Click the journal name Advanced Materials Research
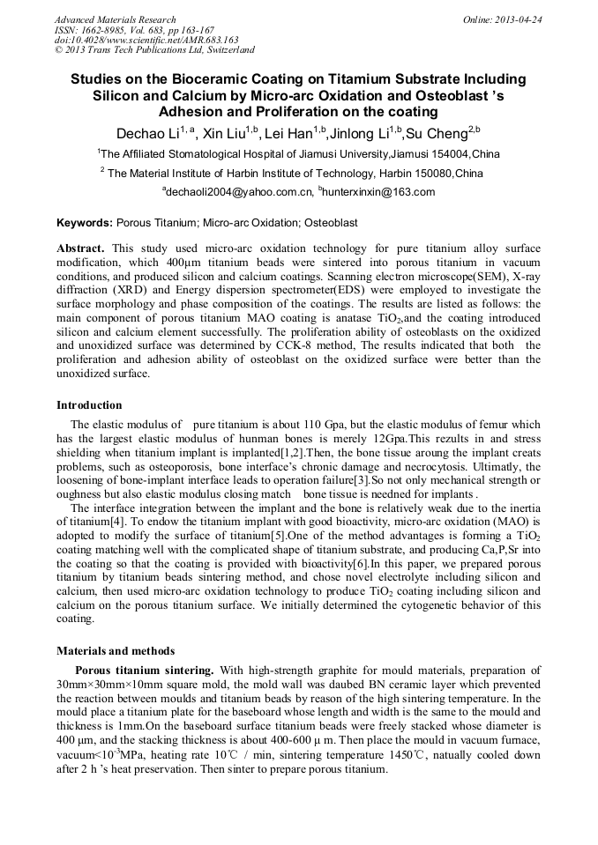116,19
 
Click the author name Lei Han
291,135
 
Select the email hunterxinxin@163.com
379,192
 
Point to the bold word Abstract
81,249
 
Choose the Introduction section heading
89,405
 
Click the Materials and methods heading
116,651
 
